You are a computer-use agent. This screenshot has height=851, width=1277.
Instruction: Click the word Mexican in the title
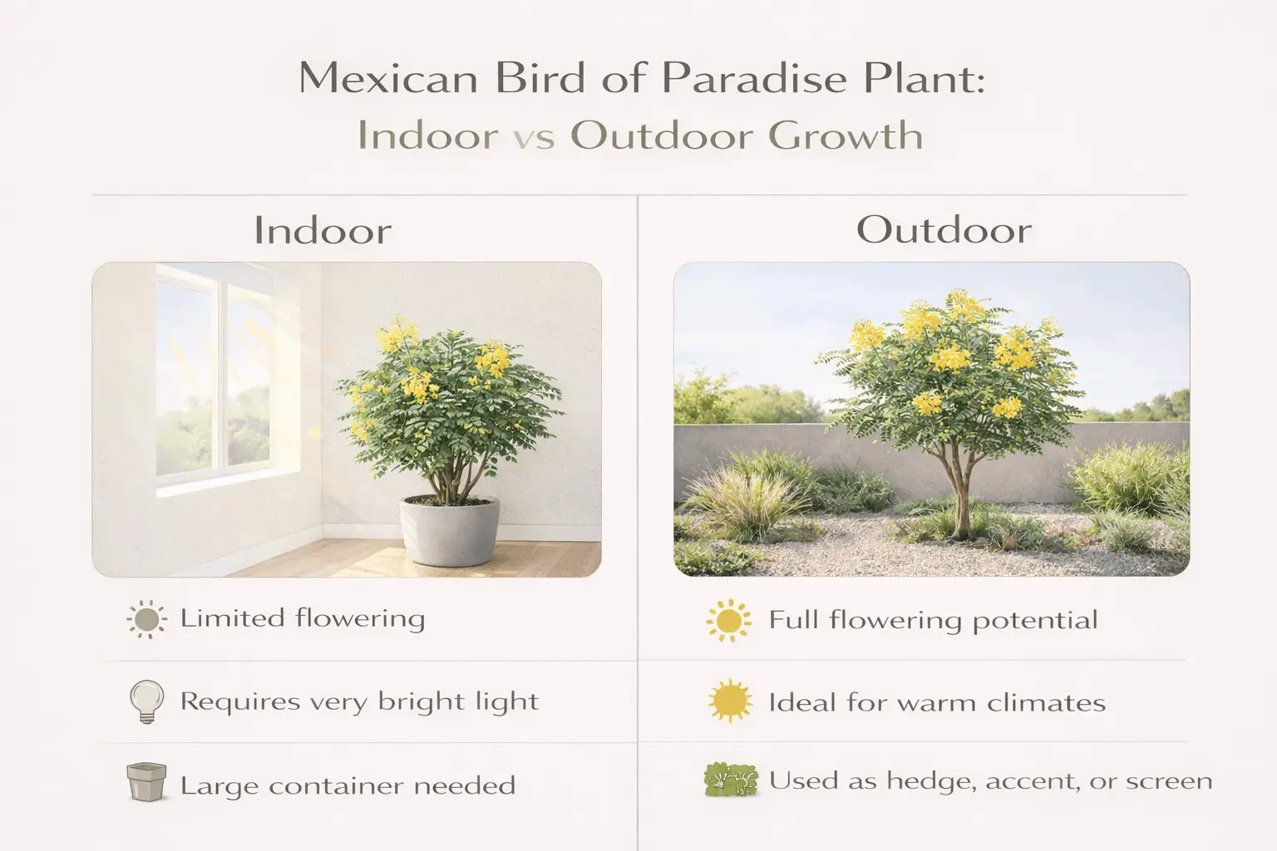tap(388, 80)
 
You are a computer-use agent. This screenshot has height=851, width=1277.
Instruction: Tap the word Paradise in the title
tap(757, 80)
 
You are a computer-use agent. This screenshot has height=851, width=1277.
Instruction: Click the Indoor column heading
tap(323, 231)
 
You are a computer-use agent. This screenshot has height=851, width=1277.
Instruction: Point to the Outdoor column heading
tap(944, 230)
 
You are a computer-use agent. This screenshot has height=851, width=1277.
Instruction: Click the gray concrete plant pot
tap(450, 530)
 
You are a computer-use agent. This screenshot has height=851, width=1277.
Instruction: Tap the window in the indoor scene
tap(214, 374)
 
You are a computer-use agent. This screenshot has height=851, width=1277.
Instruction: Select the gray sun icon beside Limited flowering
tap(146, 620)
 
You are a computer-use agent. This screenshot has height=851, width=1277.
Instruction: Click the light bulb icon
tap(146, 701)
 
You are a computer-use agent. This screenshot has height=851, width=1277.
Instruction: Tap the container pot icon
tap(146, 783)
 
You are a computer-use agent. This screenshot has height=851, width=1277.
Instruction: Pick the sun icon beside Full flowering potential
tap(728, 621)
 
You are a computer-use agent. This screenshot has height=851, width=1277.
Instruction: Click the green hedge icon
tap(731, 780)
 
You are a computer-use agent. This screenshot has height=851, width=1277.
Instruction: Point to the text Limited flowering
tap(303, 619)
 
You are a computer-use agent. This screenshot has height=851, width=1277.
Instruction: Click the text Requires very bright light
tap(359, 702)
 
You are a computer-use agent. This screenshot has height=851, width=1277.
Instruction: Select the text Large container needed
tap(348, 786)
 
